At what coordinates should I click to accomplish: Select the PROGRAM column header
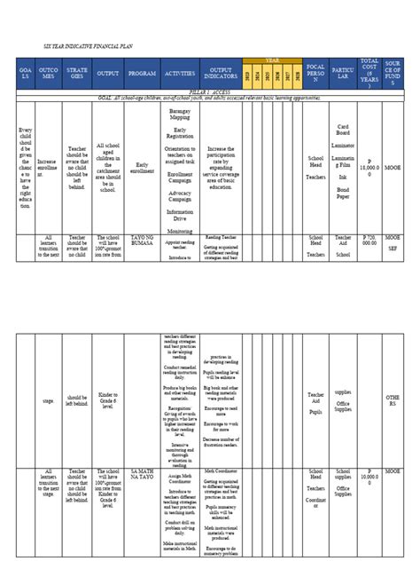[x=141, y=75]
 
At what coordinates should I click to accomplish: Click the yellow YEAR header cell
[x=276, y=59]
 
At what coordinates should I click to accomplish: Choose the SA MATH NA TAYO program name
[x=141, y=449]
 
